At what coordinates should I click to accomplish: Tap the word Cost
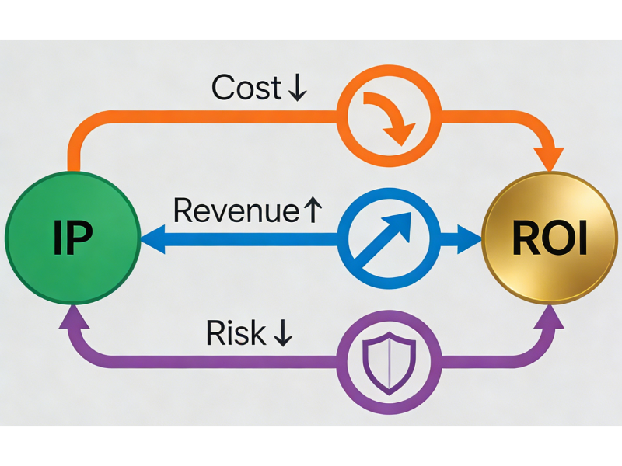coord(246,88)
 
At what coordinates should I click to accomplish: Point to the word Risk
coord(235,332)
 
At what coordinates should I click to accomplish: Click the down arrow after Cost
coord(296,89)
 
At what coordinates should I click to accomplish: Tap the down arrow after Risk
coord(281,333)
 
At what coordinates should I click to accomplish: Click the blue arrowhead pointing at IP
coord(152,240)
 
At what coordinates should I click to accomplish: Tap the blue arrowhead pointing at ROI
coord(468,240)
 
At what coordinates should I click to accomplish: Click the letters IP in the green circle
coord(72,238)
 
